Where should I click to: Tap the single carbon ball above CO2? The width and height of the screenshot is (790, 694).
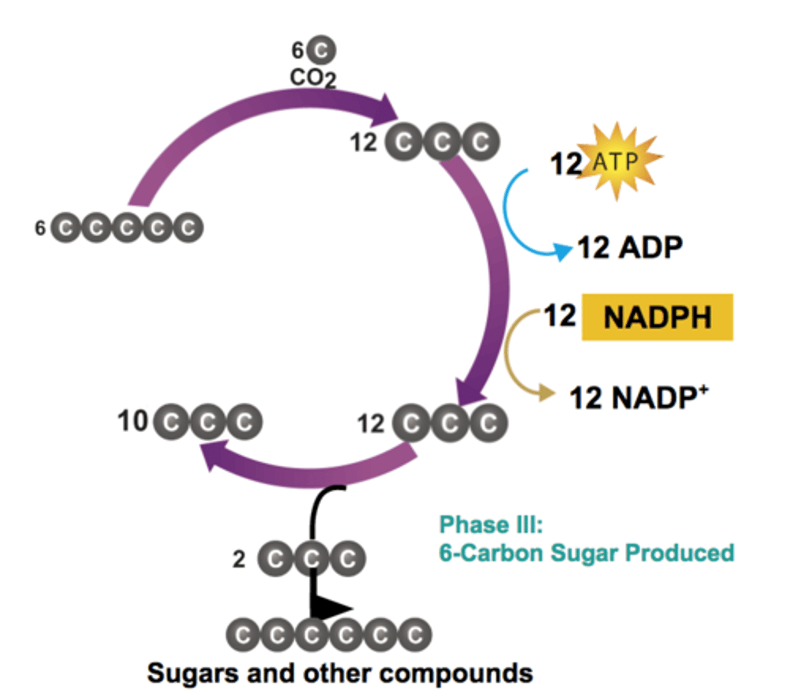point(321,50)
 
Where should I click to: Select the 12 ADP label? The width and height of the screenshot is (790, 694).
point(630,248)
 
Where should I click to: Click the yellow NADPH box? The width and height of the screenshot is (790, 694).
point(657,318)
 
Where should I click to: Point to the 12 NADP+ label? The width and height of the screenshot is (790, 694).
point(638,398)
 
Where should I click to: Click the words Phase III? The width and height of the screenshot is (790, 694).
point(491,525)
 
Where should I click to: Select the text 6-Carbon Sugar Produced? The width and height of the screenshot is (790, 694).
point(586,553)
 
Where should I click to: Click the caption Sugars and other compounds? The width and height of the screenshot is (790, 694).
point(339,673)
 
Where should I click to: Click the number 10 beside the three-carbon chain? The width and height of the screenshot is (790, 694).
point(132,421)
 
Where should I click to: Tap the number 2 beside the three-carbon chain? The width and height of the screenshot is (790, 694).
point(239,559)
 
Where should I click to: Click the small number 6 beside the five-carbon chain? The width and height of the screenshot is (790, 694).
point(40,228)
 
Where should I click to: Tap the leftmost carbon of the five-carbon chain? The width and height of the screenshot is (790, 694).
point(65,228)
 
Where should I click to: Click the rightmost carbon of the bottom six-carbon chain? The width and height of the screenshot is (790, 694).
point(414,635)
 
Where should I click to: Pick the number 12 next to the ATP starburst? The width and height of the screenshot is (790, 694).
point(566,164)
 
